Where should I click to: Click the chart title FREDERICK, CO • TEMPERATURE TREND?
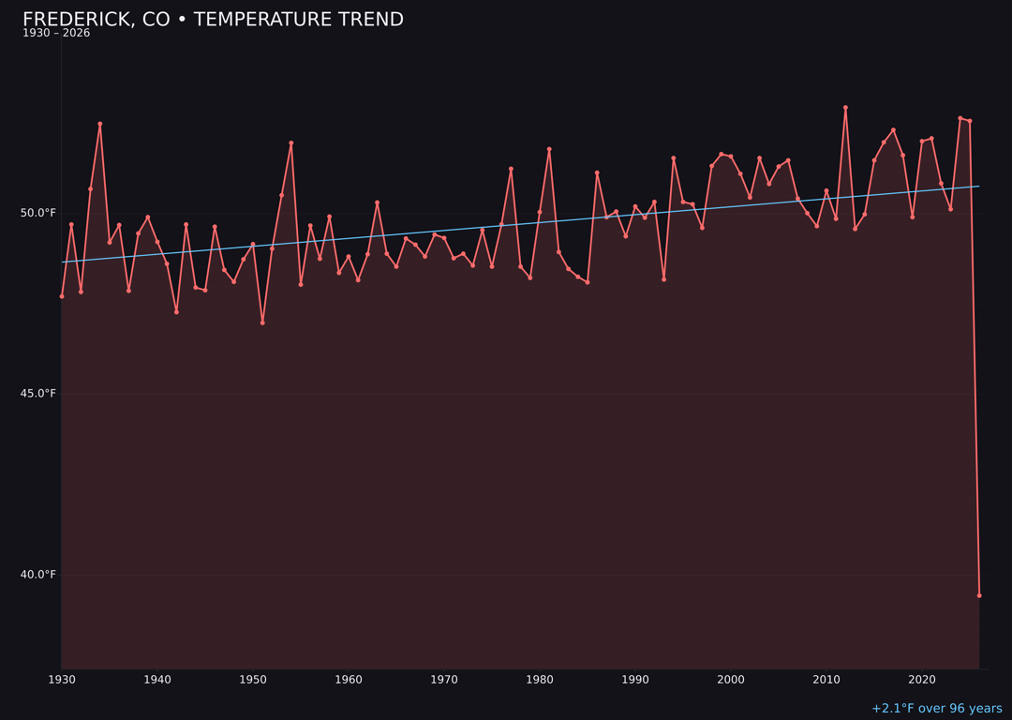pos(213,20)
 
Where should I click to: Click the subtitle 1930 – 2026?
pos(56,34)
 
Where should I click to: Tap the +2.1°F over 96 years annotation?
pos(936,709)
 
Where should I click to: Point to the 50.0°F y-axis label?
pos(38,213)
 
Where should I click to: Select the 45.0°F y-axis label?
pos(38,394)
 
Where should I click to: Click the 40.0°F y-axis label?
pos(38,575)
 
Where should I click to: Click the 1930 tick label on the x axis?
pos(62,679)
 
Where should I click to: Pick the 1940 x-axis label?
pos(157,679)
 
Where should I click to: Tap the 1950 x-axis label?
pos(253,679)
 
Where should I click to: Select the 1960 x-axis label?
pos(349,679)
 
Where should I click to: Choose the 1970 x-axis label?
pos(444,679)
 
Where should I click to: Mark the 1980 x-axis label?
pos(540,679)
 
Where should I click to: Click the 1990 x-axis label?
pos(635,679)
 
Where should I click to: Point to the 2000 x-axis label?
pos(731,679)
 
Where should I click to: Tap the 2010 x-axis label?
pos(826,679)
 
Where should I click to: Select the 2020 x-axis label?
pos(922,679)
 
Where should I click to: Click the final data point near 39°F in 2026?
pos(979,595)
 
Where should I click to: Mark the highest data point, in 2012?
pos(845,108)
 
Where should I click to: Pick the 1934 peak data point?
pos(100,124)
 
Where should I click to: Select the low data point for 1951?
pos(262,322)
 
